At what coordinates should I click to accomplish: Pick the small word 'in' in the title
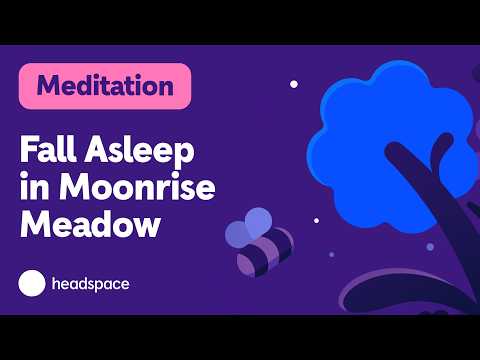click(33, 188)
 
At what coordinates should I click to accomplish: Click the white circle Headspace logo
click(33, 283)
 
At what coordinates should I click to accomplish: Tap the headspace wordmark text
click(89, 284)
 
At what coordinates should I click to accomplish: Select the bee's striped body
click(268, 249)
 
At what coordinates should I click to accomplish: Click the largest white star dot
click(293, 84)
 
